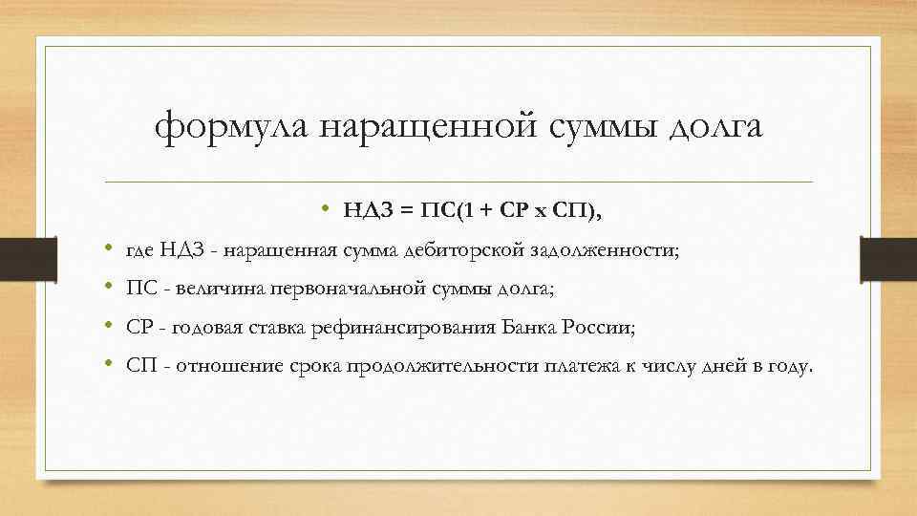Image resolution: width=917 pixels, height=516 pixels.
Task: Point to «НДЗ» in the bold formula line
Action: coord(366,212)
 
